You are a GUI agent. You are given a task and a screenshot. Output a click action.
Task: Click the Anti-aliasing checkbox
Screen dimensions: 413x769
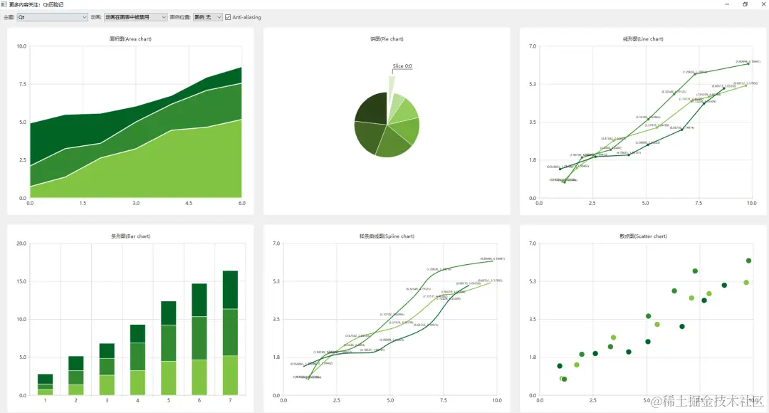pyautogui.click(x=228, y=17)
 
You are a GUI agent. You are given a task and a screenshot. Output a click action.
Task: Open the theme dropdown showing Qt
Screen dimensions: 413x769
pyautogui.click(x=52, y=17)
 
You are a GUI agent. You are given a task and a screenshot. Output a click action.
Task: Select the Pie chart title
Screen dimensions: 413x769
pyautogui.click(x=387, y=39)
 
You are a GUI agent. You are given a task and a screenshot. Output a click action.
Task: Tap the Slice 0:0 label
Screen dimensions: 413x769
pyautogui.click(x=402, y=66)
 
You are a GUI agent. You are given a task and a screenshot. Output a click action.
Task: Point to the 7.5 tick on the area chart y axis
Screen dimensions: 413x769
pyautogui.click(x=21, y=84)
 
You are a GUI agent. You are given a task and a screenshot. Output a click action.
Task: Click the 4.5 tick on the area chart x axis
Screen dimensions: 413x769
pyautogui.click(x=189, y=204)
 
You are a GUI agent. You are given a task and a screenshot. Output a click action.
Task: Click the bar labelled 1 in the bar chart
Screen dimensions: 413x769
pyautogui.click(x=45, y=384)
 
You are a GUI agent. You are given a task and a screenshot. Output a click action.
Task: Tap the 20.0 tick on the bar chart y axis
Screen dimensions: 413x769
pyautogui.click(x=21, y=244)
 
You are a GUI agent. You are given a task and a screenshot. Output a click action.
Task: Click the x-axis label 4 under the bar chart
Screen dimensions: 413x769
pyautogui.click(x=137, y=401)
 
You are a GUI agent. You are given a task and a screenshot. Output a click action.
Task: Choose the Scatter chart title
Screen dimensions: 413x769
pyautogui.click(x=643, y=236)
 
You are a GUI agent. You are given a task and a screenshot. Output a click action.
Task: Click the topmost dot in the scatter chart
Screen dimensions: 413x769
pyautogui.click(x=748, y=261)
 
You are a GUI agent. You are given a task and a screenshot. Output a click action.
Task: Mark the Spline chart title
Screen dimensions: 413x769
pyautogui.click(x=387, y=236)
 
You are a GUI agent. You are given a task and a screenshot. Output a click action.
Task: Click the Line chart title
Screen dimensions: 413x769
pyautogui.click(x=643, y=39)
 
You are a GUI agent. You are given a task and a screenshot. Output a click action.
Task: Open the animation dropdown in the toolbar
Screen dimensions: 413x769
pyautogui.click(x=135, y=17)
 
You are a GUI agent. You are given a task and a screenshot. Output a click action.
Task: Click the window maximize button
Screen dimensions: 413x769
pyautogui.click(x=745, y=4)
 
